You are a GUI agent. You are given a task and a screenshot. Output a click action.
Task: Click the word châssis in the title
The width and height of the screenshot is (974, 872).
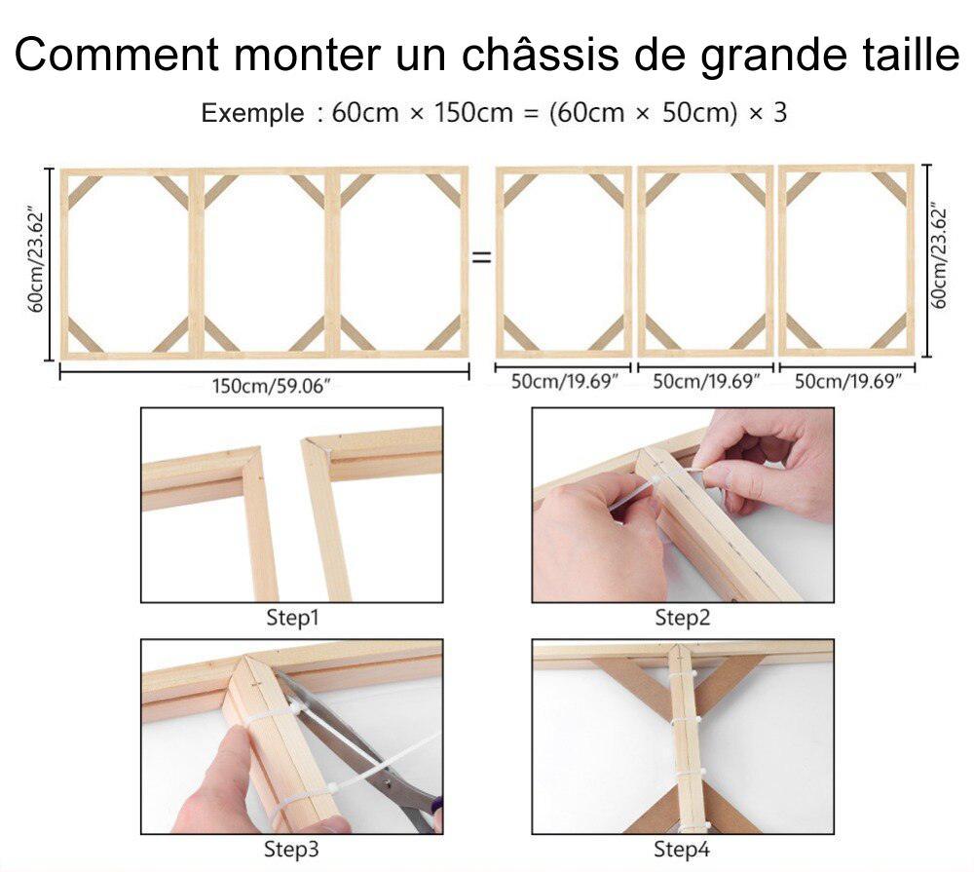[534, 56]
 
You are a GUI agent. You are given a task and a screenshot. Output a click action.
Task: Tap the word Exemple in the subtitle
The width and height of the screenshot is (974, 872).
[252, 113]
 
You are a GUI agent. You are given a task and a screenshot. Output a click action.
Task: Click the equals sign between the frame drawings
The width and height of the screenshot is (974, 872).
[481, 259]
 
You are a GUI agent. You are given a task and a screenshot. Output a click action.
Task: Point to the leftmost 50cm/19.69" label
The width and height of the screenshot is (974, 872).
[565, 381]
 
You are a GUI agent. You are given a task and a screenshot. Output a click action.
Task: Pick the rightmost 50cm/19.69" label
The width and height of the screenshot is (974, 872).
[848, 381]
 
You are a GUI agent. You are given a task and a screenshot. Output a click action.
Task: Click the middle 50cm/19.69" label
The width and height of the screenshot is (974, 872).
[706, 381]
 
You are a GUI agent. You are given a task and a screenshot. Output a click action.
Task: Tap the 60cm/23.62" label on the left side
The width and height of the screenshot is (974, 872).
[36, 260]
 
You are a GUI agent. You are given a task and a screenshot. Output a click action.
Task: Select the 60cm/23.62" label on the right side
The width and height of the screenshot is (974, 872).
[940, 256]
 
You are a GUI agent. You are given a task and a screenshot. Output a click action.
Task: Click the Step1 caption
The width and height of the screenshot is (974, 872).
[292, 618]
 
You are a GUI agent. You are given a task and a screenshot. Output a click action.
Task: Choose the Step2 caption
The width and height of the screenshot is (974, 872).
[682, 618]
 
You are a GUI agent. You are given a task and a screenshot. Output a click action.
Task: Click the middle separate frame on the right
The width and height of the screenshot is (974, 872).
[706, 261]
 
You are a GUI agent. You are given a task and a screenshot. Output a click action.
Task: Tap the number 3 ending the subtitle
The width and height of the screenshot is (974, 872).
[779, 113]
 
